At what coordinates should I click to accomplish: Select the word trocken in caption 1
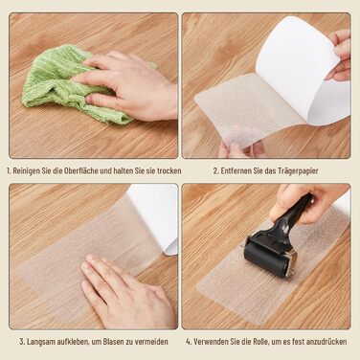[x=169, y=170]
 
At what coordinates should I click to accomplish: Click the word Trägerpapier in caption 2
[x=298, y=171]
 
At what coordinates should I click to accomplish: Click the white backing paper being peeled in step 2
[x=304, y=67]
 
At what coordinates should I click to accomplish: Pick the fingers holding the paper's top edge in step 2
[x=341, y=55]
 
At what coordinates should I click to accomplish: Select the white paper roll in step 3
[x=156, y=217]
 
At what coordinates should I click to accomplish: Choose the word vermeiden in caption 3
[x=151, y=342]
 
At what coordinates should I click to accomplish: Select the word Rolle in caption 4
[x=261, y=342]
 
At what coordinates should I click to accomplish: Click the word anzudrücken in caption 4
[x=326, y=342]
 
